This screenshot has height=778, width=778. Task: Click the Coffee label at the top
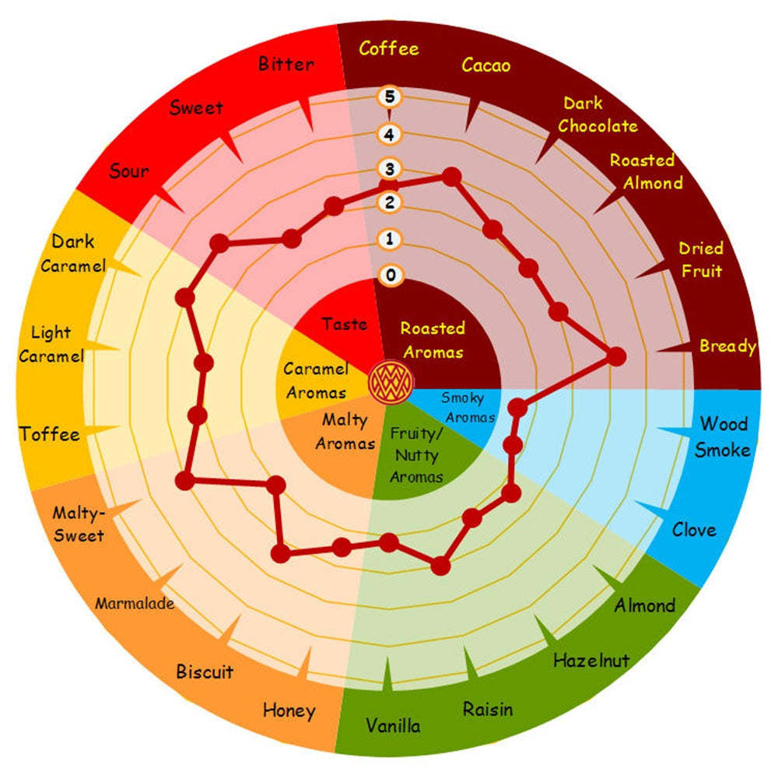[x=389, y=48]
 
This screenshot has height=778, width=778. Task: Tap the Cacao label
[x=486, y=65]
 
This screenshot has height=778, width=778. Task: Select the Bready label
[x=727, y=346]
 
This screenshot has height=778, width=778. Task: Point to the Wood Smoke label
[x=723, y=436]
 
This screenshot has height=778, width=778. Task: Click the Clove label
[x=694, y=530]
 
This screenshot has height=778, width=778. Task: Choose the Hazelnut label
[x=591, y=661]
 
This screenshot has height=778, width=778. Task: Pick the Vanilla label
[x=393, y=726]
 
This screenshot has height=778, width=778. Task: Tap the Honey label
[x=289, y=710]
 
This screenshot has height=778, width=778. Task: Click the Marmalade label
[x=135, y=603]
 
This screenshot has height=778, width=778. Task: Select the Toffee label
[x=51, y=434]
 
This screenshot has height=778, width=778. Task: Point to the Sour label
[x=129, y=170]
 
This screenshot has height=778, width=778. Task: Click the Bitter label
[x=286, y=64]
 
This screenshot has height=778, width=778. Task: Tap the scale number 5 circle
[x=388, y=98]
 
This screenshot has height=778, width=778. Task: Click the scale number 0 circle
[x=389, y=275]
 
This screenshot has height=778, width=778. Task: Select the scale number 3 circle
[x=388, y=169]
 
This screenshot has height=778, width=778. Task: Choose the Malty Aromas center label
[x=345, y=432]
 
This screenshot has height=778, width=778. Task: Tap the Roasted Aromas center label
[x=433, y=340]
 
